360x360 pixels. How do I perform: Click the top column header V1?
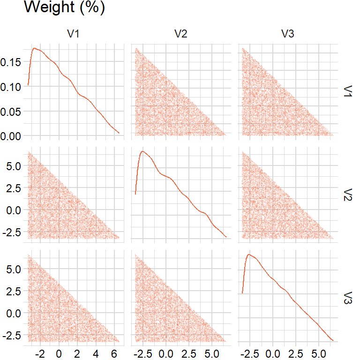point(74,34)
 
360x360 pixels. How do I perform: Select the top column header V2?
point(180,34)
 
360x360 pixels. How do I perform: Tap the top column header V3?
point(288,34)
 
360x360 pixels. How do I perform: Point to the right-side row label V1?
point(348,91)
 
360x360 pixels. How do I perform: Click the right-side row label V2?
point(348,194)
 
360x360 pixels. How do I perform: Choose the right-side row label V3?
point(348,297)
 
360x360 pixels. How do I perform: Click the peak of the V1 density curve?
point(34,48)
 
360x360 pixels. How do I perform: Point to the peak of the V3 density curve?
point(249,255)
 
